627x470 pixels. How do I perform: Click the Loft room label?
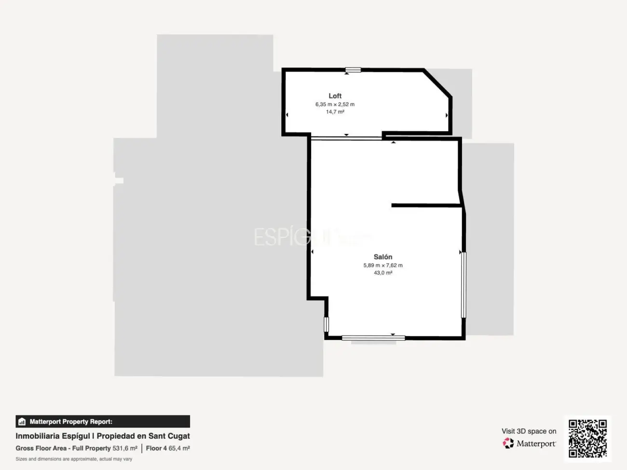point(335,96)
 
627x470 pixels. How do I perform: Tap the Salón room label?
point(383,257)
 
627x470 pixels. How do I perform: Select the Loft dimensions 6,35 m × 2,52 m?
point(335,104)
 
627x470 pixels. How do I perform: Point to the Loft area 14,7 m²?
point(335,112)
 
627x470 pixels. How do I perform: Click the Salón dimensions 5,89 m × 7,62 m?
point(383,265)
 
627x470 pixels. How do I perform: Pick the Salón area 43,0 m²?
point(383,273)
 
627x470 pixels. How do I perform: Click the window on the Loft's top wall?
point(353,70)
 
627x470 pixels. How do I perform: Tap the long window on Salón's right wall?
point(463,284)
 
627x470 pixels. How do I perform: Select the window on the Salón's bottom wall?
point(373,338)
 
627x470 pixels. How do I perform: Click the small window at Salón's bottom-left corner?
point(326,324)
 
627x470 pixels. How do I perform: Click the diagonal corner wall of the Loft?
point(438,83)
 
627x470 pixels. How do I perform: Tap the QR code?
point(587,438)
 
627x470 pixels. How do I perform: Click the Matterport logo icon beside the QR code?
point(508,443)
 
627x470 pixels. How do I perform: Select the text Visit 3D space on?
point(529,431)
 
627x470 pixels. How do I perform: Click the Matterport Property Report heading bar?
point(103,421)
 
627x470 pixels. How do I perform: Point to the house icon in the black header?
point(22,422)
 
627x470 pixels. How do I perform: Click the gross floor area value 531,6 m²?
point(125,448)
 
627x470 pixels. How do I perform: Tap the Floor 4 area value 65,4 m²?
point(179,448)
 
